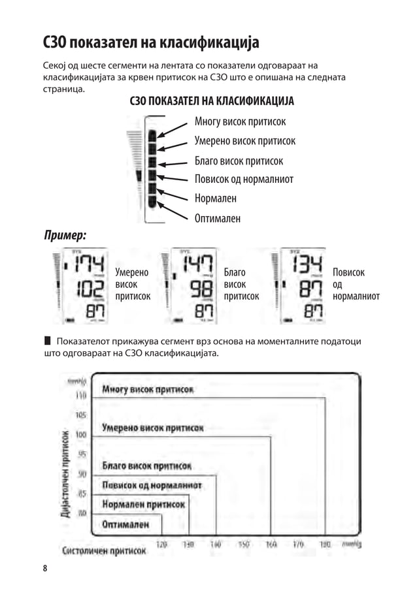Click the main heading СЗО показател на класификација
[151, 43]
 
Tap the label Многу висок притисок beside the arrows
[240, 122]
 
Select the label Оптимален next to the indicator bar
[217, 218]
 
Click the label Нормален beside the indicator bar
[215, 199]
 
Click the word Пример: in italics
[65, 234]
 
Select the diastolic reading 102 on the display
[90, 289]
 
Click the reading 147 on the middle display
[197, 264]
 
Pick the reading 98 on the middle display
[201, 288]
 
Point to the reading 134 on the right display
[306, 264]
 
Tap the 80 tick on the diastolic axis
[82, 513]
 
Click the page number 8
[45, 568]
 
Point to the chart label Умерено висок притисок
[153, 428]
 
